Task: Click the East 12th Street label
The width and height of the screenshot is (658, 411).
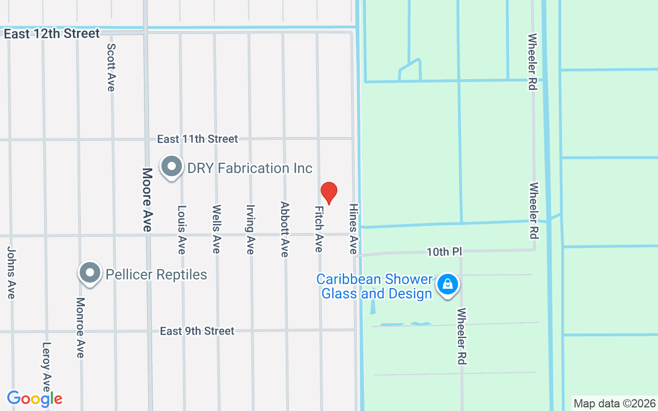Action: coord(51,34)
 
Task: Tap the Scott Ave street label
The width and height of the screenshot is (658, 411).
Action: coord(111,67)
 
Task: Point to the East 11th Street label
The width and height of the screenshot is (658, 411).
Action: coord(197,139)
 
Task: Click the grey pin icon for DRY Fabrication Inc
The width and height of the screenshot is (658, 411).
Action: coord(171,167)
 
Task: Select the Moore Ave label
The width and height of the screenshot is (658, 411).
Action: coord(148,200)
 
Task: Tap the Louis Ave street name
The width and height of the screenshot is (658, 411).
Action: coord(181,230)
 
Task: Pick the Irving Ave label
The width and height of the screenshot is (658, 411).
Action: coord(250,230)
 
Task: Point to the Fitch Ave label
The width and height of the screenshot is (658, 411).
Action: coord(319,229)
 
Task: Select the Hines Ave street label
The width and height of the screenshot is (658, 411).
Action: coord(353,229)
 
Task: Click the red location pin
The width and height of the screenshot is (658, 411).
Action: coord(328,193)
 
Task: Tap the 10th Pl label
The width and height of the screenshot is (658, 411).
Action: coord(445,252)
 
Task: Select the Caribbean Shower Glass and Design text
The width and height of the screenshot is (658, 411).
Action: coord(374,287)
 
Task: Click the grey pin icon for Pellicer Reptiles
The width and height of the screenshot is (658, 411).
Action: coord(90,273)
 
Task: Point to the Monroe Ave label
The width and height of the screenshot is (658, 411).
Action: coord(80,328)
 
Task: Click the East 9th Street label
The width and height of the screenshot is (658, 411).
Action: coord(197,331)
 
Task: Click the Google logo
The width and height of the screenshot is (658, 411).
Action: coord(35,399)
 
